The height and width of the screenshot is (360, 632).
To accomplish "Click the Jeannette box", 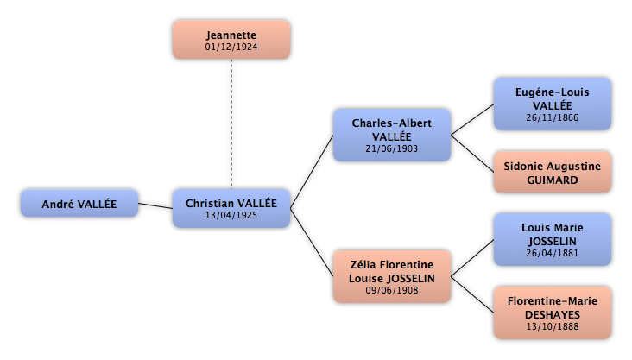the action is pyautogui.click(x=231, y=40).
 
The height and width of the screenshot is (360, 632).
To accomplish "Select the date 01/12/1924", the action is pyautogui.click(x=231, y=47).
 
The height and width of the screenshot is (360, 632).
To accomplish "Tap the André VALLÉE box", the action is pyautogui.click(x=79, y=203).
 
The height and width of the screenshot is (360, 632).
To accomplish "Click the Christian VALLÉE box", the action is pyautogui.click(x=231, y=208).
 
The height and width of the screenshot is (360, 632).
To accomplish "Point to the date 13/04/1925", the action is pyautogui.click(x=231, y=215).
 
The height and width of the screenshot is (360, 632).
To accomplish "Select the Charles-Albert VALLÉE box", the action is pyautogui.click(x=392, y=135).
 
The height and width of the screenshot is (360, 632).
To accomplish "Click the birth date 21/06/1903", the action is pyautogui.click(x=392, y=148).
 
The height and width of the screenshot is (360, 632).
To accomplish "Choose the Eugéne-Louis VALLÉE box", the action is pyautogui.click(x=553, y=104).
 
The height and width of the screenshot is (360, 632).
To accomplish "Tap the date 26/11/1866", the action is pyautogui.click(x=553, y=117).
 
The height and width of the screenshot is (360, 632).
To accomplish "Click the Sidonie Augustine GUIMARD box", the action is pyautogui.click(x=553, y=172).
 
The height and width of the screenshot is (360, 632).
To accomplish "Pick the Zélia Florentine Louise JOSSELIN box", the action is pyautogui.click(x=392, y=276).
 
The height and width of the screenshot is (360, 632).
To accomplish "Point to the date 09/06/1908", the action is pyautogui.click(x=392, y=290).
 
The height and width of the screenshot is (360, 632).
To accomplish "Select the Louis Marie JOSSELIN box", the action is pyautogui.click(x=553, y=239).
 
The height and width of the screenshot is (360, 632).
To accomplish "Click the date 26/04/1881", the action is pyautogui.click(x=553, y=253).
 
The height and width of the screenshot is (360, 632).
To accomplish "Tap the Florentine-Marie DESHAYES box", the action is pyautogui.click(x=553, y=313).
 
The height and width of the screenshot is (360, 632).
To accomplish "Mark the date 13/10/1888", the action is pyautogui.click(x=553, y=326).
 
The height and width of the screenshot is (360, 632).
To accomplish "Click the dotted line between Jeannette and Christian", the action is pyautogui.click(x=231, y=123).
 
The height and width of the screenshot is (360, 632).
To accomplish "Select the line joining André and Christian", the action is pyautogui.click(x=155, y=205).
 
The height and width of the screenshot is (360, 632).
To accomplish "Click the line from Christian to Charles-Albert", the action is pyautogui.click(x=312, y=172).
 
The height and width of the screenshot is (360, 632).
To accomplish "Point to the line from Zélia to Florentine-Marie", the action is pyautogui.click(x=472, y=294).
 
